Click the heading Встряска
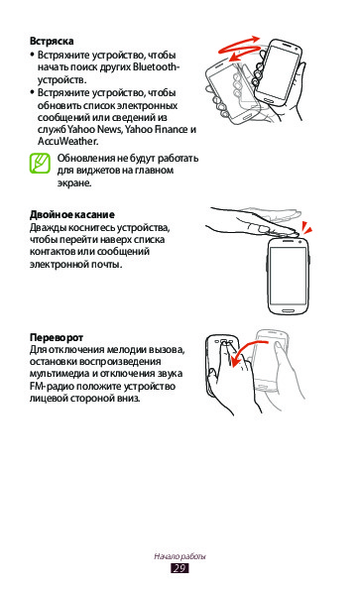52,41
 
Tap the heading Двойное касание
71,215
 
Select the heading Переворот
57,337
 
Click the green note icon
40,164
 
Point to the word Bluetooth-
156,67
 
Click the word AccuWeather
67,142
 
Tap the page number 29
180,568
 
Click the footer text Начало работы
180,556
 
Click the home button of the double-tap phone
288,310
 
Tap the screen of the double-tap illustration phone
289,276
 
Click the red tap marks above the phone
306,228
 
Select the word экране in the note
74,183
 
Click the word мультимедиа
60,374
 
